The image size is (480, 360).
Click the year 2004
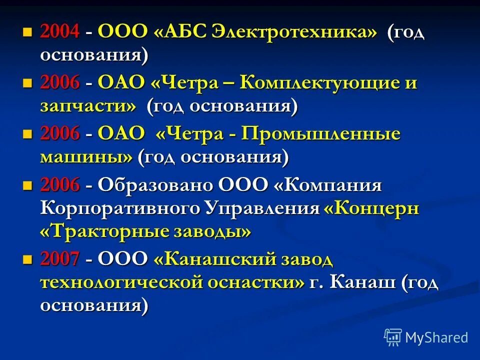(x=60, y=32)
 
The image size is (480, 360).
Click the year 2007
(x=60, y=259)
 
